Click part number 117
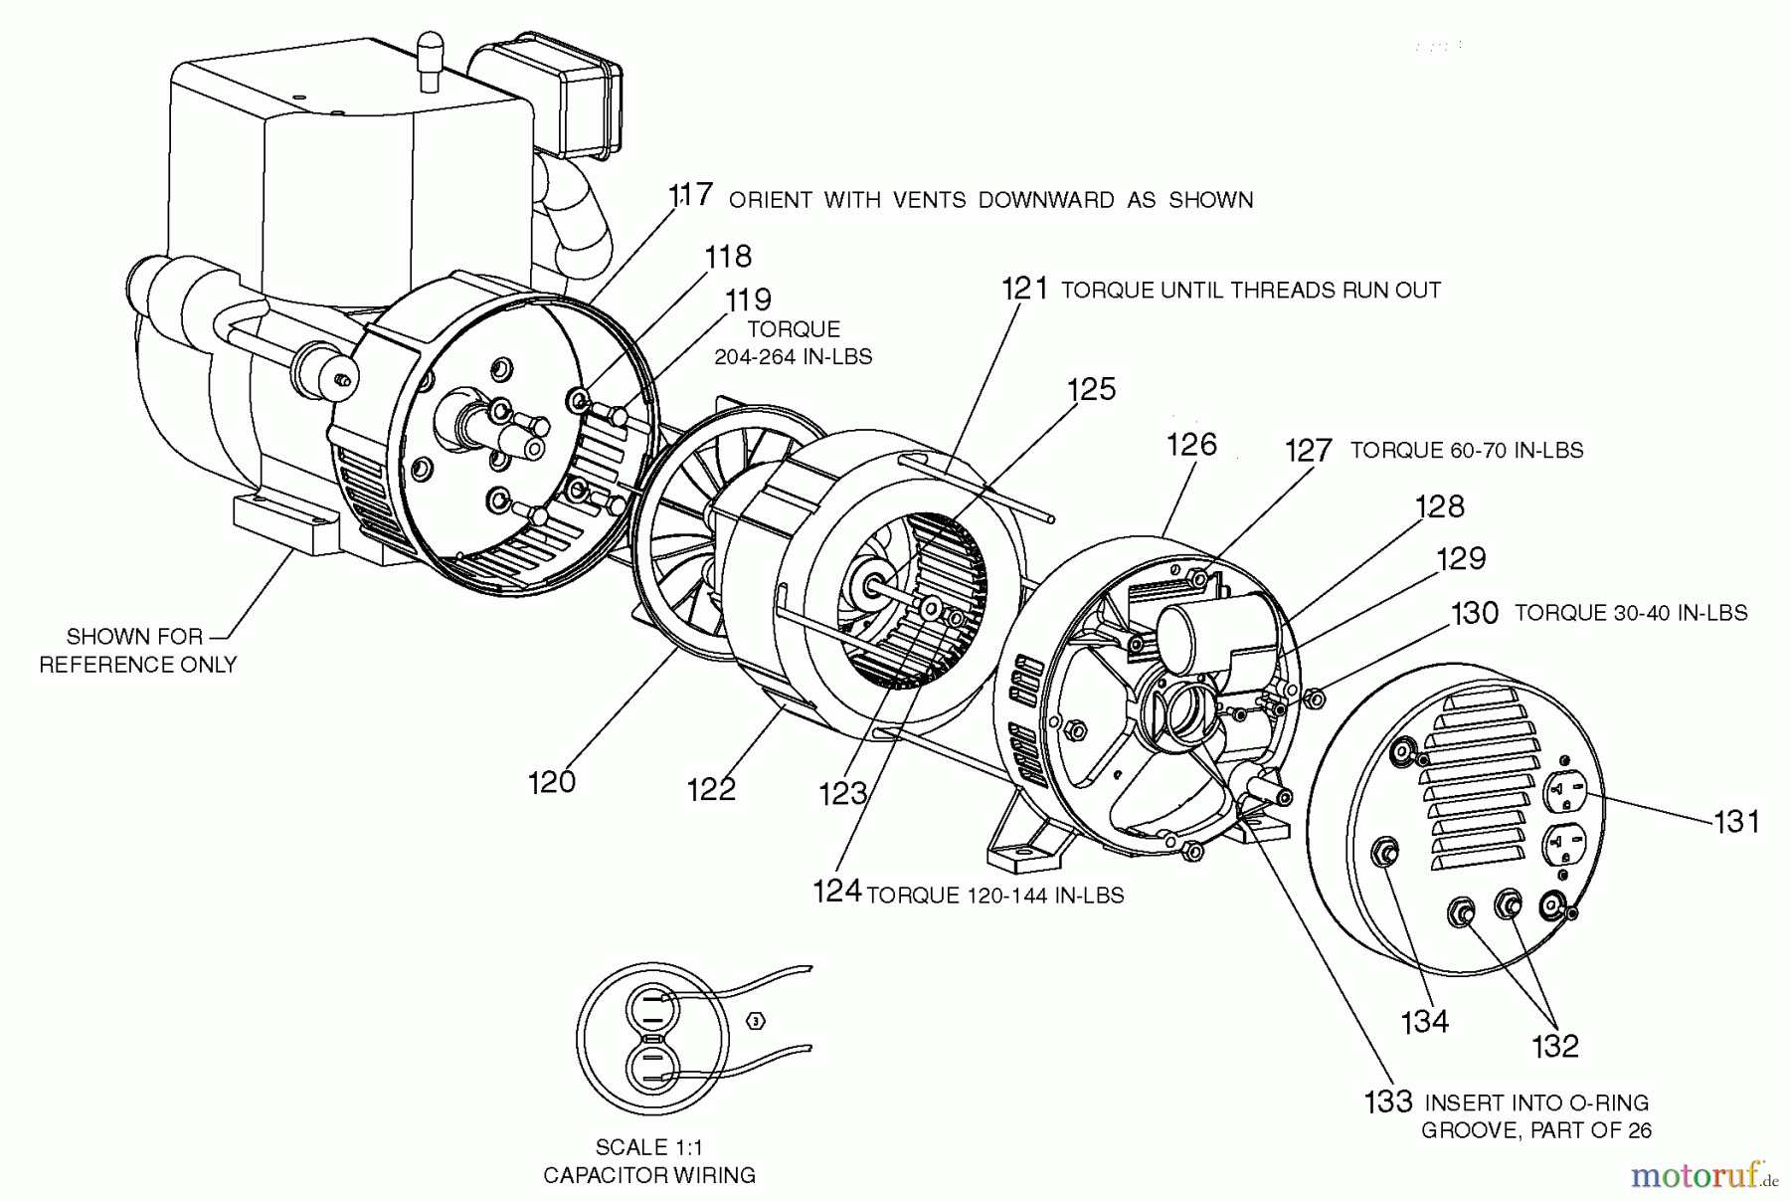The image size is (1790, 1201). (x=689, y=195)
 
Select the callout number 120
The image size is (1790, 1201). (x=552, y=782)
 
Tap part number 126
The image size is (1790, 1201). (x=1191, y=445)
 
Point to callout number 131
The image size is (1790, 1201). (x=1736, y=822)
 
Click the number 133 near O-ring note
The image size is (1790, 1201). (x=1388, y=1101)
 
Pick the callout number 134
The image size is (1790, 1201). (x=1424, y=1022)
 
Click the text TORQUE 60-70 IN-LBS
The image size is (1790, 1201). (x=1466, y=451)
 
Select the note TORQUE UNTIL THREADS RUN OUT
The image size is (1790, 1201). (x=1251, y=291)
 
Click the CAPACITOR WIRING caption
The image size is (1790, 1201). (x=649, y=1175)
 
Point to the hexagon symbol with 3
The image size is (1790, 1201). (x=756, y=1022)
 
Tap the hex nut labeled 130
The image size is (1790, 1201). (x=1313, y=700)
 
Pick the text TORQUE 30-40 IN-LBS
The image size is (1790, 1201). (x=1631, y=613)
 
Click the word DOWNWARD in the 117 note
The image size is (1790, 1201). (x=1046, y=200)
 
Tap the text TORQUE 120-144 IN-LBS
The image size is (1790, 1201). (x=995, y=896)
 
